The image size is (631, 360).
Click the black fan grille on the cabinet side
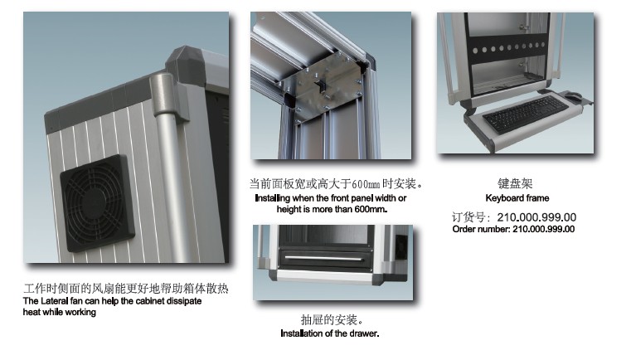[x=96, y=203]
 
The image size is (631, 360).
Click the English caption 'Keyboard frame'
[x=517, y=198]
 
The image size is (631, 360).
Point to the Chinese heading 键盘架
[x=515, y=183]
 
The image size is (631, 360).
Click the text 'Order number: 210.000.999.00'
[x=513, y=229]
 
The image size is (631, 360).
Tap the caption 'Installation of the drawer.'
[x=329, y=333]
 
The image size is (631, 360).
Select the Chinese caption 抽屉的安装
[x=332, y=319]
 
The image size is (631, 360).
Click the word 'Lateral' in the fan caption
[x=55, y=301]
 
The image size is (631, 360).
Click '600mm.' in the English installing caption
[x=371, y=209]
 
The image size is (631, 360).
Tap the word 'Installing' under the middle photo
[x=273, y=198]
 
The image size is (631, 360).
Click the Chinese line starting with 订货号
[x=514, y=217]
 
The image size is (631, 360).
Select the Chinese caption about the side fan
[x=125, y=289]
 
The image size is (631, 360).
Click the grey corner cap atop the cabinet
[x=186, y=61]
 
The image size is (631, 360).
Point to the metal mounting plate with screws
[x=322, y=87]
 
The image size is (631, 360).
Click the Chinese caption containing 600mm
[x=337, y=184]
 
